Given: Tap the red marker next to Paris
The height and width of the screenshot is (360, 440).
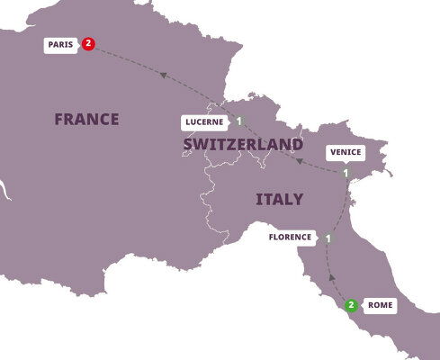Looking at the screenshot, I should point(88,43).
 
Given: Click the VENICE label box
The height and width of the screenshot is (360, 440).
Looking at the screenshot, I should point(346,152).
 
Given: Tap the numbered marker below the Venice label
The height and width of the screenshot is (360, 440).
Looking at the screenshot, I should point(346,173).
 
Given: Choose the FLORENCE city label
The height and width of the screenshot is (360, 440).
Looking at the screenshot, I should point(291,238).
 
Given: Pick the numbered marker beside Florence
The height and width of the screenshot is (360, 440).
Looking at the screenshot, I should point(328,238).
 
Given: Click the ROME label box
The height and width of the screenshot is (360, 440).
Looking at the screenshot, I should point(379,305).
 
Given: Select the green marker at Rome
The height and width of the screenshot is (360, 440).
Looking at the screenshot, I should point(350,305).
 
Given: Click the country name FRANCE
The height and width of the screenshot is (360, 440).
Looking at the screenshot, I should point(86,119).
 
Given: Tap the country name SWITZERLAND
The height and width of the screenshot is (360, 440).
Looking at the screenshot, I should point(242,145).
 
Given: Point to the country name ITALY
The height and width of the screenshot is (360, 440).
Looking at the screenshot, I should point(279,199).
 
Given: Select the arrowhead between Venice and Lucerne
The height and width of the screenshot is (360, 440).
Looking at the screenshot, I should point(300,161).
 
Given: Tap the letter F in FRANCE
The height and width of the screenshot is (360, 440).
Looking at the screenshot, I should point(58,119).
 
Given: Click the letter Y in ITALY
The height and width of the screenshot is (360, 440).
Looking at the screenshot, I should point(298,199).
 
